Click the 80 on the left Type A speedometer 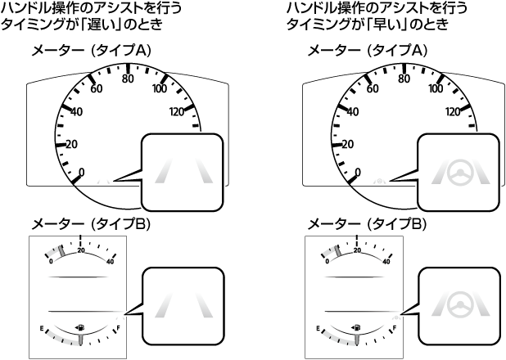pyautogui.click(x=128, y=79)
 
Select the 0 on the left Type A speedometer pyautogui.click(x=79, y=172)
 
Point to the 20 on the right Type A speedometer pyautogui.click(x=347, y=144)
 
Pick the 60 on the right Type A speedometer pyautogui.click(x=373, y=88)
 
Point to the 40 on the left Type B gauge pyautogui.click(x=111, y=262)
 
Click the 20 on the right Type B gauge pyautogui.click(x=356, y=252)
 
